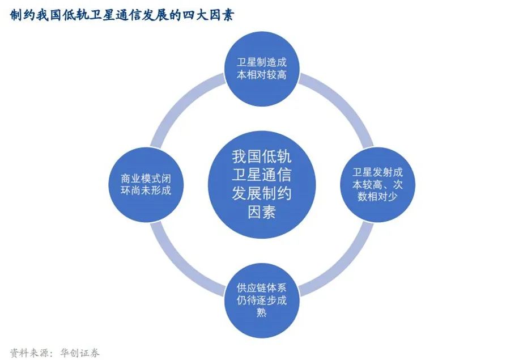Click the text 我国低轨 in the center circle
[x=261, y=155]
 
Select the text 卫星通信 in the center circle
[x=261, y=174]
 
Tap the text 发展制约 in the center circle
[x=261, y=193]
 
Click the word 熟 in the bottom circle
[x=261, y=312]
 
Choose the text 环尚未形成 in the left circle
[x=146, y=190]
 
